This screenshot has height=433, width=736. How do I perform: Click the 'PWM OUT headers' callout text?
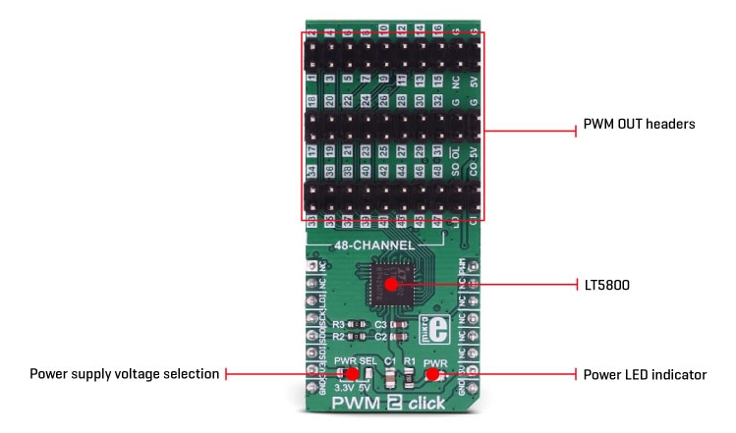[x=640, y=125]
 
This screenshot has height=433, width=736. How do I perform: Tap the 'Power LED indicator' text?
[x=645, y=374]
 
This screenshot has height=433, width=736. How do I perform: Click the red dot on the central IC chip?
[x=391, y=285]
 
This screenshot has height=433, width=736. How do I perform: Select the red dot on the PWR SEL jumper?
[x=352, y=374]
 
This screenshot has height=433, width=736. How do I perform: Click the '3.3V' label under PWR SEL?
[x=342, y=387]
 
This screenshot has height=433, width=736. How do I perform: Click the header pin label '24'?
[x=366, y=101]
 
